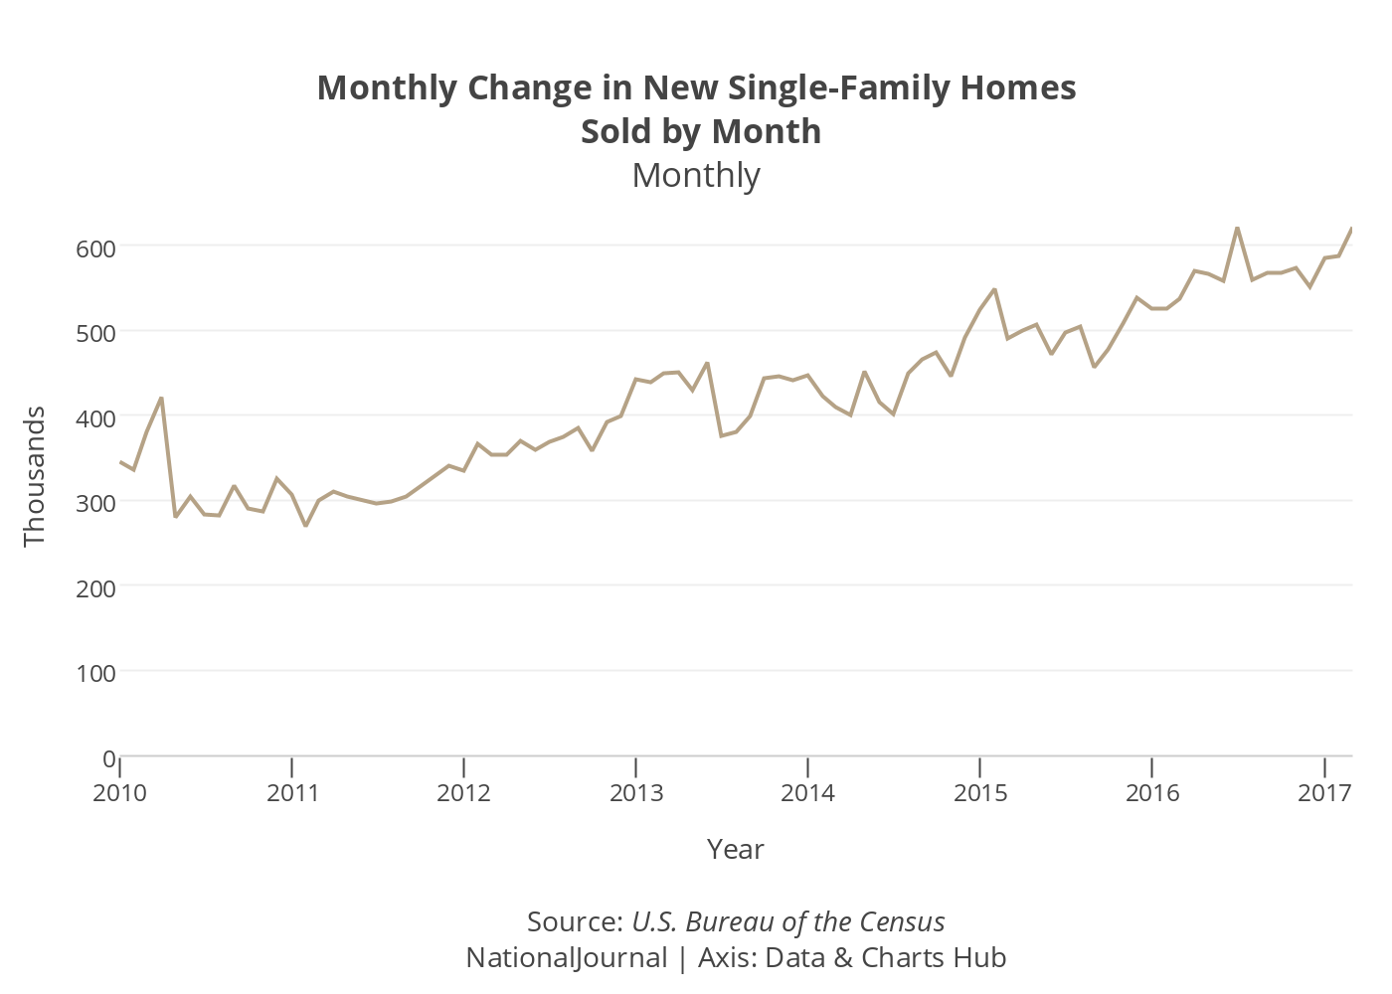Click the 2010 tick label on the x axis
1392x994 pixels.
click(119, 792)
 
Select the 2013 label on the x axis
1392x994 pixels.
click(636, 792)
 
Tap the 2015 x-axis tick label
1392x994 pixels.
click(980, 792)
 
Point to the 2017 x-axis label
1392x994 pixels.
click(1323, 792)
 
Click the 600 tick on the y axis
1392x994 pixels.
click(96, 248)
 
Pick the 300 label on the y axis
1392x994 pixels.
click(96, 503)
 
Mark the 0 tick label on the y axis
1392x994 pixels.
click(109, 758)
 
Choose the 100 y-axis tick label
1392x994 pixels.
click(96, 673)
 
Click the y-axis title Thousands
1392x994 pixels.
click(35, 476)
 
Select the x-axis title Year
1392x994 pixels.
click(736, 849)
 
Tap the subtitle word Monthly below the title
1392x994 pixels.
click(696, 175)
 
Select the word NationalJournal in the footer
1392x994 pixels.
click(567, 957)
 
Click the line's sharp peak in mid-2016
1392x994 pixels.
click(1237, 228)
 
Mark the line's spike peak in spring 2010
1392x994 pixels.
click(161, 398)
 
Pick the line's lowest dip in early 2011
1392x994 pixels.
click(305, 526)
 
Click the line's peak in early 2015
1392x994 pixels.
click(994, 289)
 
